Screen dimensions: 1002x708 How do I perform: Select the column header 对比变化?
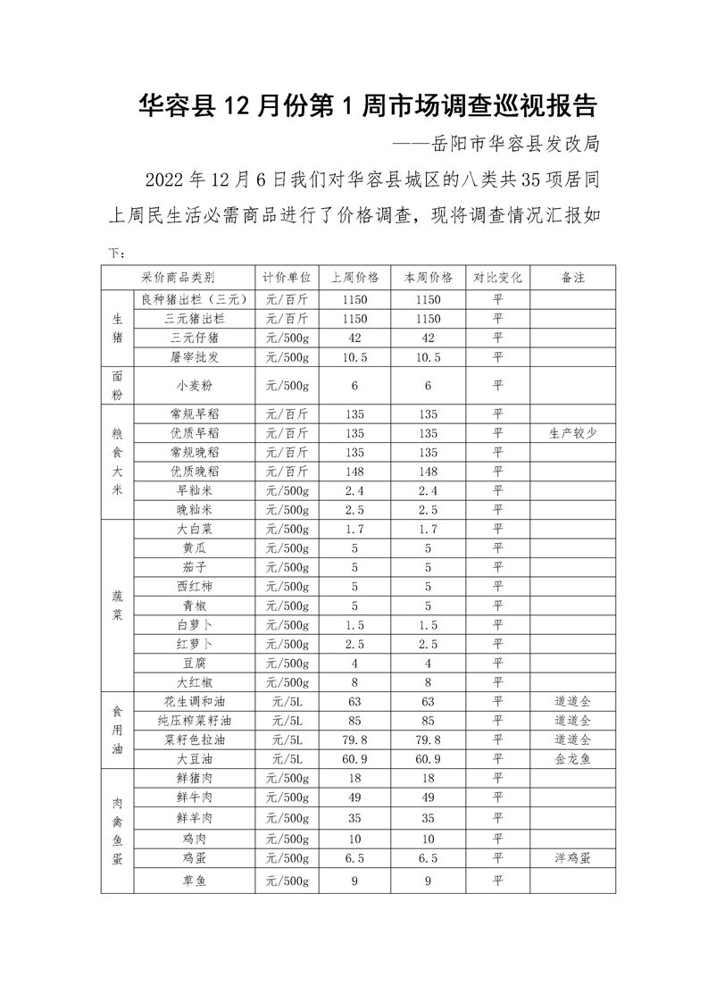pos(497,277)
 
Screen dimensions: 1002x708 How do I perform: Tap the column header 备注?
pos(572,277)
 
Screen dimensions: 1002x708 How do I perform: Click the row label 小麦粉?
pos(194,385)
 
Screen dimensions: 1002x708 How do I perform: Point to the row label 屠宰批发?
pos(194,356)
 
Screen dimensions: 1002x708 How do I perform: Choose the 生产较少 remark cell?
pos(572,432)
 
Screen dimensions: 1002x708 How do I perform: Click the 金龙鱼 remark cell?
pos(572,758)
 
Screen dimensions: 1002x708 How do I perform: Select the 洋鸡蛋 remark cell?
pos(572,857)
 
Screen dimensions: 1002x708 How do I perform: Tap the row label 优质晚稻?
pos(194,471)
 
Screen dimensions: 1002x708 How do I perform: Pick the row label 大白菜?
pos(194,529)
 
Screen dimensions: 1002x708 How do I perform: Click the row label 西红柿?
pos(194,586)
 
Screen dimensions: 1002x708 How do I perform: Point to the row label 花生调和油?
pos(194,701)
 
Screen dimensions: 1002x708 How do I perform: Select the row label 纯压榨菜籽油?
pos(194,720)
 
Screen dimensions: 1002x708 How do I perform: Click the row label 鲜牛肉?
pos(194,797)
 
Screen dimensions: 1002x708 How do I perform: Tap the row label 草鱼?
pos(194,881)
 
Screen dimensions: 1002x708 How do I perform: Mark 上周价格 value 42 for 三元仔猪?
pos(354,338)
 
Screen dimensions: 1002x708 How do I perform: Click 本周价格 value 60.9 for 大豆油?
pos(429,758)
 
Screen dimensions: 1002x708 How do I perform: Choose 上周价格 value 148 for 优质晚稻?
pos(354,471)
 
